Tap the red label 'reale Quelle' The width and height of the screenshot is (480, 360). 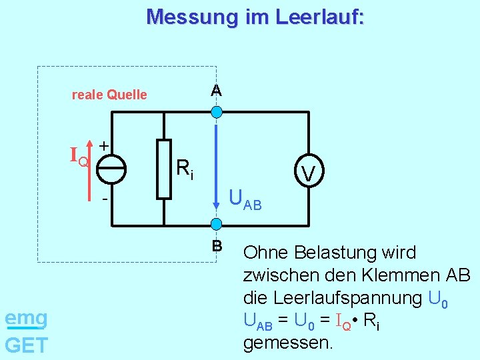[x=109, y=95]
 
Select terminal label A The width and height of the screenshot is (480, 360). [x=217, y=90]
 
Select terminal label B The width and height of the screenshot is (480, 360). [x=217, y=246]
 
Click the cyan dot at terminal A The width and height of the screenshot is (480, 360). [x=216, y=113]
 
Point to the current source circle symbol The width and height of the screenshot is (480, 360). [x=111, y=170]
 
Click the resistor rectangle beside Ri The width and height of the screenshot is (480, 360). [x=164, y=169]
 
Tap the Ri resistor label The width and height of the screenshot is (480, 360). [x=185, y=170]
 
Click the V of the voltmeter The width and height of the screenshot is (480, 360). [x=307, y=174]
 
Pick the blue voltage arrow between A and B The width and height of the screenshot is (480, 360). [x=216, y=167]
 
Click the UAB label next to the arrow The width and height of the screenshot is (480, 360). [x=245, y=199]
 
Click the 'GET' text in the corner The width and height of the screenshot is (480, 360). [x=26, y=345]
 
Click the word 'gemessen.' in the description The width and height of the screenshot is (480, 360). [x=287, y=343]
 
